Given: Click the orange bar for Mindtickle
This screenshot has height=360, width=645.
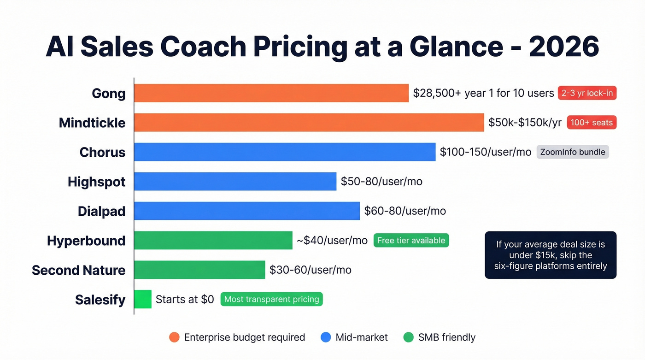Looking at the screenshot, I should [309, 123].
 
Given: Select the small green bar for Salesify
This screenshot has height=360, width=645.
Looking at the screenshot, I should [143, 299].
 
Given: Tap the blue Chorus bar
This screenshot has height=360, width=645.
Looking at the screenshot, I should [285, 152].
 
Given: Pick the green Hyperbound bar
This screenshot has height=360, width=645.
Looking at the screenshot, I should [213, 241].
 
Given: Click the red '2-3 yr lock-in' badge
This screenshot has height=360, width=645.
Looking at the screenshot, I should [587, 93].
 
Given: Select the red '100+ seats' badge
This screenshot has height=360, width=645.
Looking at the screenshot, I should [592, 123].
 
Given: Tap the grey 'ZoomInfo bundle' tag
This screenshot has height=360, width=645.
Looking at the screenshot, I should [573, 152].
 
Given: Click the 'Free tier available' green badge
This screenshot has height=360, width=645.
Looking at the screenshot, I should [411, 241].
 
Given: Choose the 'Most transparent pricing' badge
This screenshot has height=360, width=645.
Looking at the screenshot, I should [271, 299].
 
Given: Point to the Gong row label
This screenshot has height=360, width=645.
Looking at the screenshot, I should [108, 93].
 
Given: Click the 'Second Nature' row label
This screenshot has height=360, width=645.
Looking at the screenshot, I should [78, 270].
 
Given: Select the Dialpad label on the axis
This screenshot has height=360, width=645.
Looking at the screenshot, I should [101, 211].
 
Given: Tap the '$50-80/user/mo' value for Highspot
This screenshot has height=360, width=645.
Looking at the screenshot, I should [381, 182].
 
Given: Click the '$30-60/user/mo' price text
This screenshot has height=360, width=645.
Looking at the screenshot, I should [310, 270].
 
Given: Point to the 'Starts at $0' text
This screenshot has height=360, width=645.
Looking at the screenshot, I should [185, 300].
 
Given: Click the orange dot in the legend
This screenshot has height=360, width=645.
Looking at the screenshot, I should [174, 337].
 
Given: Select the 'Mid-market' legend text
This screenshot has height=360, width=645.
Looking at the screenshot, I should [362, 337].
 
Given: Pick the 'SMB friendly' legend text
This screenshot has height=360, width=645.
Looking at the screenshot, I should [446, 337].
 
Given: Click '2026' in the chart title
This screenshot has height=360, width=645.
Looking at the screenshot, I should [564, 46].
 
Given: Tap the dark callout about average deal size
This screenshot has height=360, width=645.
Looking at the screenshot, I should [551, 255].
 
